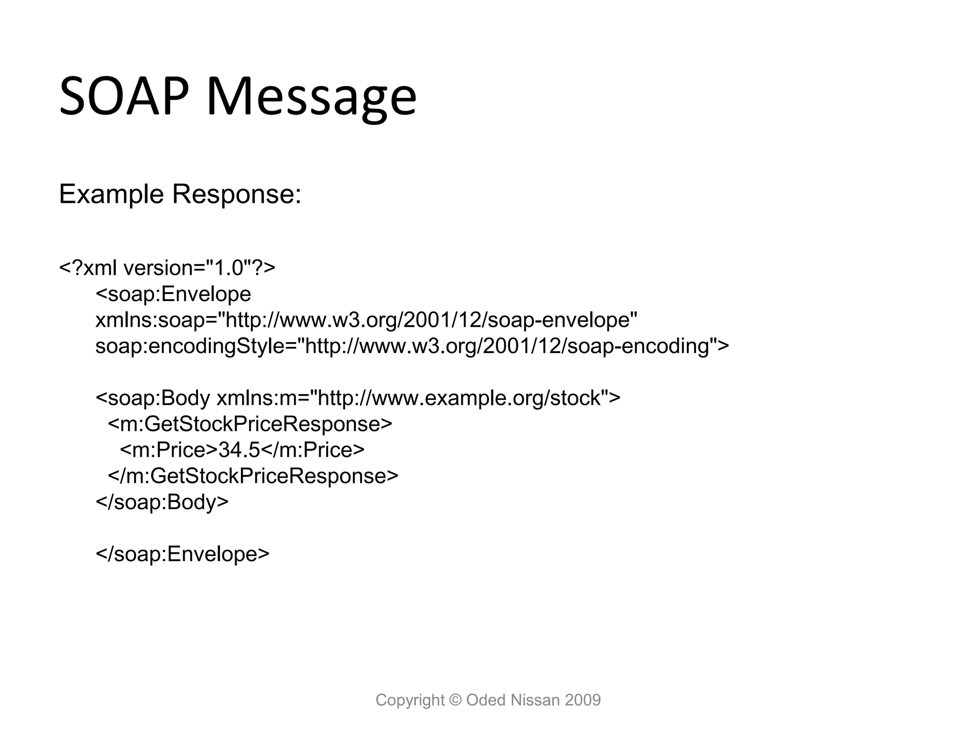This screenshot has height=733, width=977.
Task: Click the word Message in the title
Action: coord(312,98)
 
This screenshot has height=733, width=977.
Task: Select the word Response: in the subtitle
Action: coord(236,195)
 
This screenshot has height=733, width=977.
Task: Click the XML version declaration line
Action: coord(167,268)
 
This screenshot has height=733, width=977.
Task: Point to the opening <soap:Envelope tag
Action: coord(173,294)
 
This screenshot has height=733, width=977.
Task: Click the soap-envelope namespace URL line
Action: coord(366,320)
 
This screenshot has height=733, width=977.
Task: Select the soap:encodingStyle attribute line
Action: coord(412,346)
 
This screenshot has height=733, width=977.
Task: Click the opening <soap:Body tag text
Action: coord(153,398)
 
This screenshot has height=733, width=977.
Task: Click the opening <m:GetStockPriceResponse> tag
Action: coord(250,424)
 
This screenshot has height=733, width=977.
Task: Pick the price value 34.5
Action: coord(239,450)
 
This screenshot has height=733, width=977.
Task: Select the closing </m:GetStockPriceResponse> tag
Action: coord(253,476)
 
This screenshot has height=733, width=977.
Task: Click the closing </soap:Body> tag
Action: coord(162,502)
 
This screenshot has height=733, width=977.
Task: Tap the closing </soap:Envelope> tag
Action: coord(183,554)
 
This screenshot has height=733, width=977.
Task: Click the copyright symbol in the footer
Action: coord(456,700)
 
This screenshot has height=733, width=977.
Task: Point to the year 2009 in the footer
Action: coord(582,700)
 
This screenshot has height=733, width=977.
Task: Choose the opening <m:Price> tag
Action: coord(168,450)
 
